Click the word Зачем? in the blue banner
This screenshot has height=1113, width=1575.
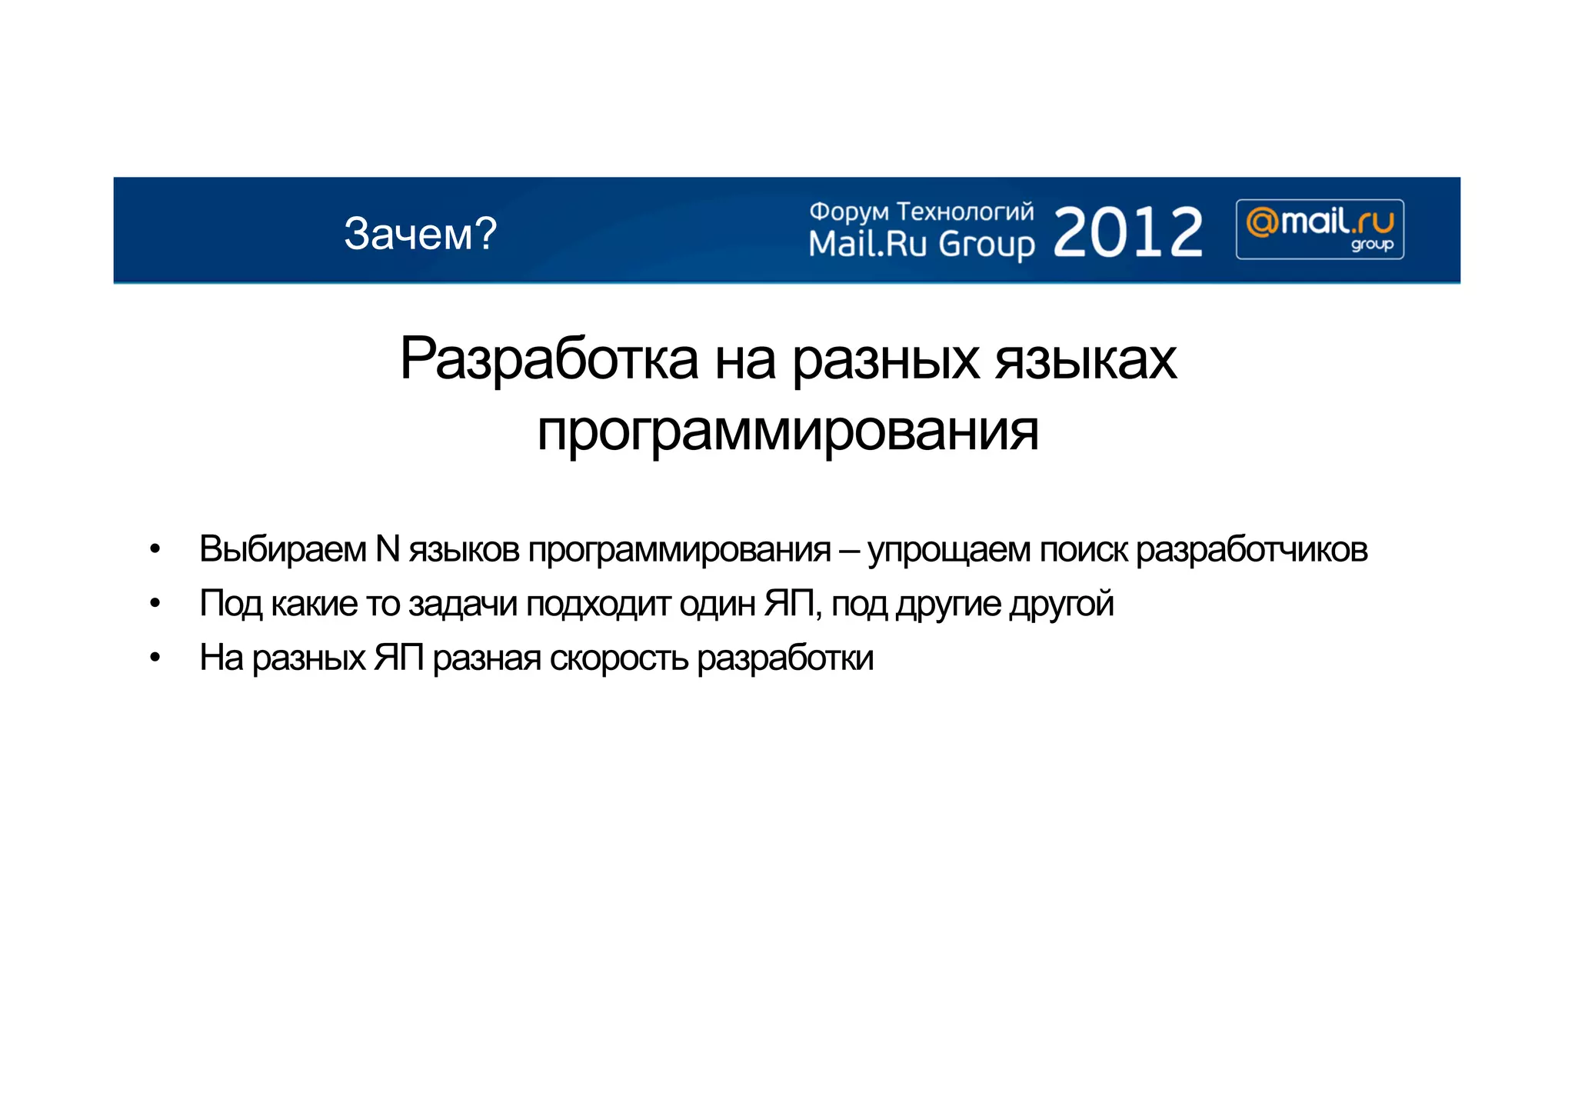click(420, 233)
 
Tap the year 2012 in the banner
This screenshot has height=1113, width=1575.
click(1127, 232)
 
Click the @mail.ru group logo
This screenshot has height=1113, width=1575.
click(1320, 229)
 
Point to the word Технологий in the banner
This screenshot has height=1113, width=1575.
click(965, 212)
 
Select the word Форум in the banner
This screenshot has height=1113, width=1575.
click(849, 212)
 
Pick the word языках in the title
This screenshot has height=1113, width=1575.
click(1086, 358)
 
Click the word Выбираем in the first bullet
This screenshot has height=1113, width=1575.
click(283, 549)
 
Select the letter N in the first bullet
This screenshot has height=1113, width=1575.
click(388, 549)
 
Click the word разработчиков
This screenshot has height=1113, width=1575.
click(1251, 550)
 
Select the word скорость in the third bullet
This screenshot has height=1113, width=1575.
click(619, 658)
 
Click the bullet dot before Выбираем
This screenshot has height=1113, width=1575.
click(155, 549)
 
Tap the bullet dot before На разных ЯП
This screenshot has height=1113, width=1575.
click(155, 658)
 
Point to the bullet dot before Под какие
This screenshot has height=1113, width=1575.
click(155, 604)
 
